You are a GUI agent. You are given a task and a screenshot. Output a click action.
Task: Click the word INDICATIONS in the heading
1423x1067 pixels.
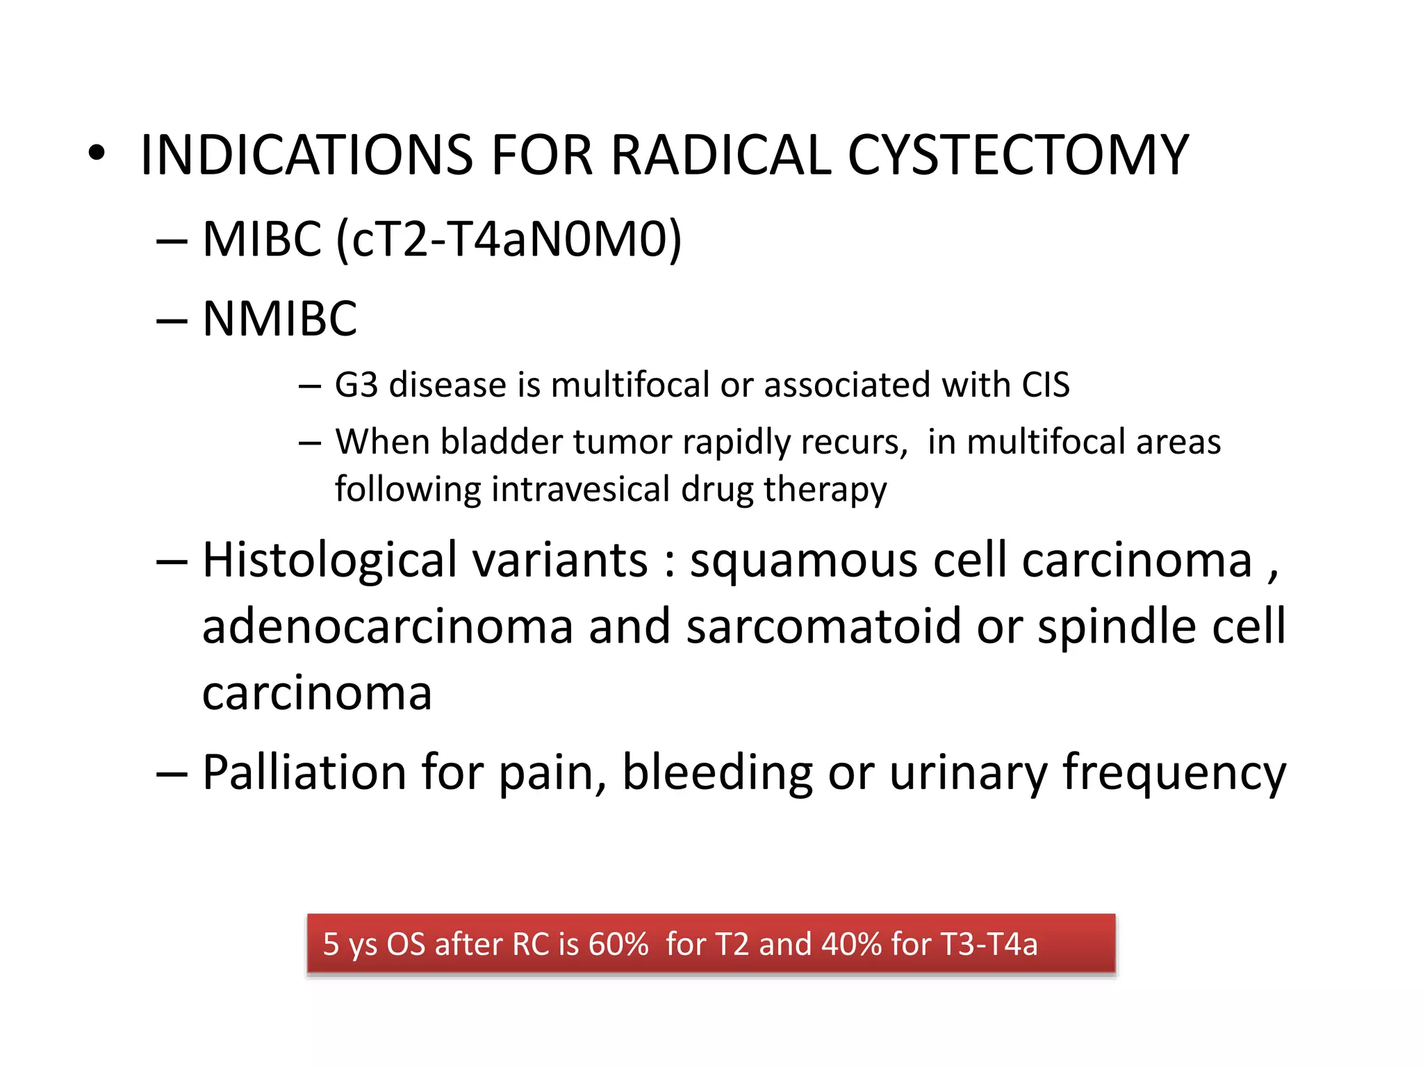click(306, 155)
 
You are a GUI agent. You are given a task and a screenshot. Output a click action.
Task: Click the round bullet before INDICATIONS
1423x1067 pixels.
click(97, 154)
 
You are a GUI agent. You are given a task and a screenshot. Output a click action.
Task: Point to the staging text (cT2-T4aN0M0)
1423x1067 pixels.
click(509, 240)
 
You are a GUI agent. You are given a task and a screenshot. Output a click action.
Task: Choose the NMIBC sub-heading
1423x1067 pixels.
click(279, 319)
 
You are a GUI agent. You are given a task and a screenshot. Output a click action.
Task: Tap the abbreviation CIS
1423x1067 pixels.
click(1045, 385)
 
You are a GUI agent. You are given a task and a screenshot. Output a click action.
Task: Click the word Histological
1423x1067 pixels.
click(330, 560)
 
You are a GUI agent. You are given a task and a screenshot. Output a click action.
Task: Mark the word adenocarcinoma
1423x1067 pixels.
click(388, 626)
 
